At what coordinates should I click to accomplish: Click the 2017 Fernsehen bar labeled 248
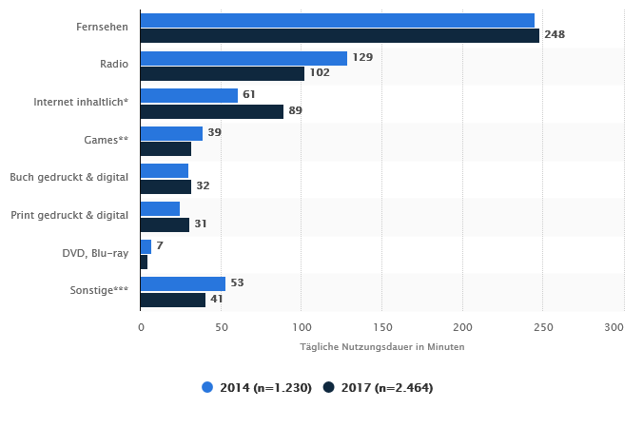(340, 35)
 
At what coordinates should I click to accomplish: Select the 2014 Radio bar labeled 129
(244, 58)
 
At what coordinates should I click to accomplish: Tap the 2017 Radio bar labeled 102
(222, 73)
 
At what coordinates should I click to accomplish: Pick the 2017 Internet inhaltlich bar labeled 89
(211, 111)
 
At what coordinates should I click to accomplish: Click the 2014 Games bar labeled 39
(171, 133)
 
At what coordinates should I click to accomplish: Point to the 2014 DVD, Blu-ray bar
(146, 246)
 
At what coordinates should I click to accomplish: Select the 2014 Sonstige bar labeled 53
(183, 283)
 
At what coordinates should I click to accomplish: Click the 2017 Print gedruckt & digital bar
(165, 224)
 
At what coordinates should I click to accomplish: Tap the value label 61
(249, 95)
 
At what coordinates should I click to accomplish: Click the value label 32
(203, 186)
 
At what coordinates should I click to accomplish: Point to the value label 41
(217, 300)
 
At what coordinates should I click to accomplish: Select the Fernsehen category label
(102, 28)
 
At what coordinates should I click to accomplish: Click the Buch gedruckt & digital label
(68, 178)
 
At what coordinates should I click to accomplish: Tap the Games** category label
(107, 141)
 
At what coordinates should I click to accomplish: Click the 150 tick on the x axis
(381, 327)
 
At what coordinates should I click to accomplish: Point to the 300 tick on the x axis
(614, 327)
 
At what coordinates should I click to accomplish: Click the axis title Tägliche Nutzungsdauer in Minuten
(381, 347)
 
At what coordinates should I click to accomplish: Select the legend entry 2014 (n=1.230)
(257, 387)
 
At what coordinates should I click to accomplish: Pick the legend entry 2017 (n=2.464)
(378, 387)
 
